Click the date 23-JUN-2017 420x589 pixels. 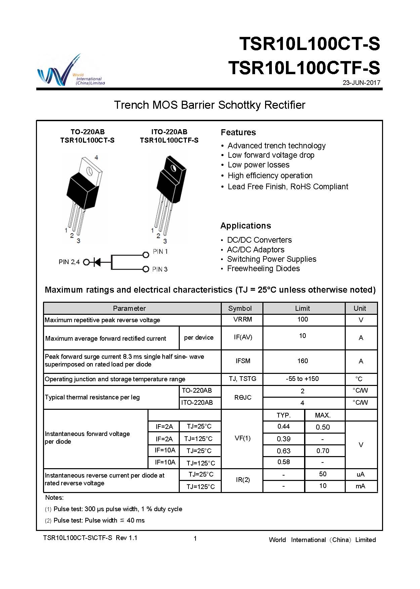tap(361, 83)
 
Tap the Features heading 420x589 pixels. tap(238, 133)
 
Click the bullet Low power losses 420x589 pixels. tap(258, 165)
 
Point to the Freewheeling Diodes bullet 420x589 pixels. tap(263, 268)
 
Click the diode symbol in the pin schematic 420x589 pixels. tap(97, 262)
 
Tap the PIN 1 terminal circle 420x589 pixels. tap(146, 255)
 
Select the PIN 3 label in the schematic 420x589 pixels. tap(160, 269)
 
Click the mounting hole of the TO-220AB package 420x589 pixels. tap(90, 171)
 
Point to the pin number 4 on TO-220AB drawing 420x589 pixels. tap(96, 157)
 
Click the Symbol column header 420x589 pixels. tap(240, 308)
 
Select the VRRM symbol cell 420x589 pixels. tap(243, 320)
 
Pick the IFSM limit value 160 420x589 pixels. tap(302, 361)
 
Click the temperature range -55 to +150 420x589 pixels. tap(302, 379)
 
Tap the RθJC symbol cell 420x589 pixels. tap(243, 397)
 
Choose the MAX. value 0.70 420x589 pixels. tap(323, 451)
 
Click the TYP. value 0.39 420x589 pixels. tap(284, 439)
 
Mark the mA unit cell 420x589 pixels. tap(360, 486)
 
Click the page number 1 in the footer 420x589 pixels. tap(195, 539)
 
